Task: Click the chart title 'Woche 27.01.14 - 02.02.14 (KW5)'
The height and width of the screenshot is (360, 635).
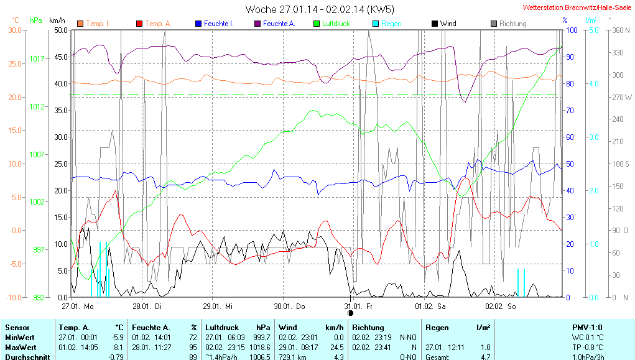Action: pyautogui.click(x=320, y=9)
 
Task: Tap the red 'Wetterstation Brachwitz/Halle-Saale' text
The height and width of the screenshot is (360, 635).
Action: pyautogui.click(x=577, y=7)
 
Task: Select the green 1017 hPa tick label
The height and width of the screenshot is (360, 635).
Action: pyautogui.click(x=37, y=59)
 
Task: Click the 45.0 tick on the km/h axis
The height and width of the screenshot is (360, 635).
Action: pyautogui.click(x=61, y=57)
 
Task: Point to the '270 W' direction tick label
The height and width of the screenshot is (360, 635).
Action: pyautogui.click(x=622, y=98)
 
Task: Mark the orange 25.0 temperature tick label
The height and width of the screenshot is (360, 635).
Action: pyautogui.click(x=14, y=63)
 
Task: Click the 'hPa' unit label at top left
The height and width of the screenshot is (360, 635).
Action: pyautogui.click(x=36, y=21)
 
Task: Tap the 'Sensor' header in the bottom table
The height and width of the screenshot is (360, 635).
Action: pyautogui.click(x=17, y=327)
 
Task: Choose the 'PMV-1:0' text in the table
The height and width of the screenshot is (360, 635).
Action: pyautogui.click(x=586, y=327)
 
